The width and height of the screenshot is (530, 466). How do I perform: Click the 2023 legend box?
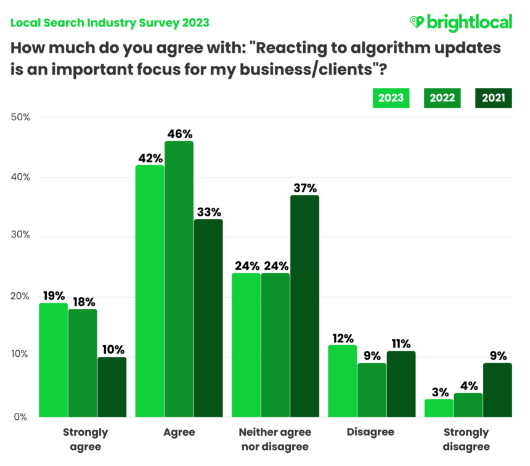pos(391,98)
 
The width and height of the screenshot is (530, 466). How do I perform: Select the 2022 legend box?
pos(442,98)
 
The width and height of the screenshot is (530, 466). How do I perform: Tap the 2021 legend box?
pos(493,98)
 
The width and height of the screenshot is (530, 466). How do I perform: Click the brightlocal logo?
pos(460,23)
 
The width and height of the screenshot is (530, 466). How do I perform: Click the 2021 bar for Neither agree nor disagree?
pos(304,306)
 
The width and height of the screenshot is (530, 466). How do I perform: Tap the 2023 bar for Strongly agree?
pos(54,359)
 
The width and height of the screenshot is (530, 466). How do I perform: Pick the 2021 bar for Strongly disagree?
pos(497,390)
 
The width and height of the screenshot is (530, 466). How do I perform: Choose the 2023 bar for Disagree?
pos(342,380)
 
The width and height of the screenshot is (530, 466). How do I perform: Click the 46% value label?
pos(179,133)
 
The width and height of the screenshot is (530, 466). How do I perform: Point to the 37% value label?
pos(304,187)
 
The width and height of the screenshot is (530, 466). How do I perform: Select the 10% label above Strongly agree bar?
pos(112,349)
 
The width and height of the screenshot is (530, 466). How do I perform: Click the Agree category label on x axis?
pos(179,432)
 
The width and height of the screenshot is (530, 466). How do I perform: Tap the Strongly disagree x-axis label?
pos(468,439)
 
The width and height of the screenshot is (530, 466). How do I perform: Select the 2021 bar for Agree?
pos(208,317)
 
